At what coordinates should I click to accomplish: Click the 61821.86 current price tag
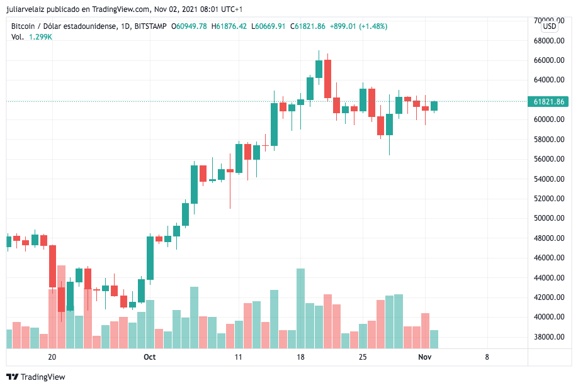(549, 101)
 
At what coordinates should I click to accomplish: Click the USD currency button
(550, 26)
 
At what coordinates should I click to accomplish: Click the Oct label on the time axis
(149, 357)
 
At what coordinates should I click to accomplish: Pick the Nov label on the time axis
(425, 357)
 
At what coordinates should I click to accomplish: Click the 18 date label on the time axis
(300, 357)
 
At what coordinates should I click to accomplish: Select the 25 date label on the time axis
(362, 357)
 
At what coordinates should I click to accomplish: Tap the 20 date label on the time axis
(52, 357)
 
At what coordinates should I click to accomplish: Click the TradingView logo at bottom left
(36, 377)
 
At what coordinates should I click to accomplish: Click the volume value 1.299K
(40, 37)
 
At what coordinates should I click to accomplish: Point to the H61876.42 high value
(229, 26)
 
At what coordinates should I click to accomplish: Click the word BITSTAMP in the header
(150, 26)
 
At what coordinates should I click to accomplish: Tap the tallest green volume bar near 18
(300, 308)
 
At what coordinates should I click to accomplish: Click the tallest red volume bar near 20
(61, 306)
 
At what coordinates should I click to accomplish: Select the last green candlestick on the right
(434, 106)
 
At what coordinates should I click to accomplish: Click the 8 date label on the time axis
(487, 357)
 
